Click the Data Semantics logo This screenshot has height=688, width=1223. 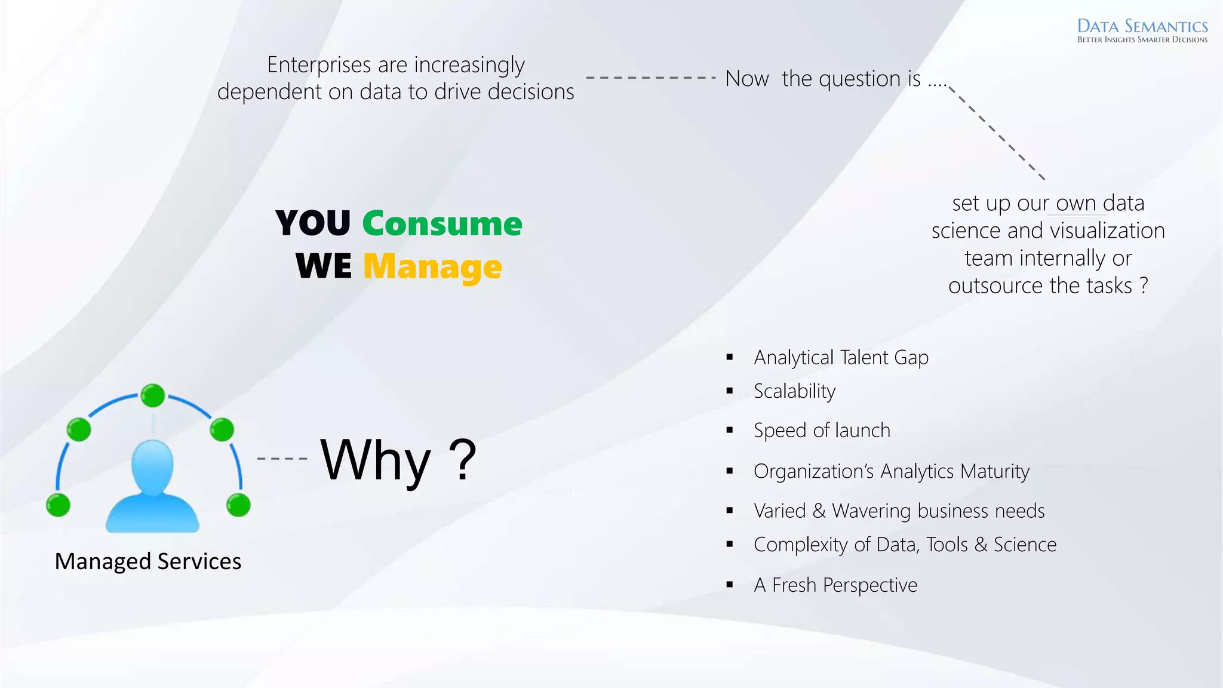pyautogui.click(x=1142, y=30)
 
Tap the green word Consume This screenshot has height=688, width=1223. pyautogui.click(x=442, y=224)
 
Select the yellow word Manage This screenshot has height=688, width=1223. pyautogui.click(x=432, y=267)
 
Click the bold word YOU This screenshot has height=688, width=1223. pyautogui.click(x=313, y=224)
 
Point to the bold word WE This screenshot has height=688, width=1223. pyautogui.click(x=324, y=266)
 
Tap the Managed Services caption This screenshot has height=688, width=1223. pyautogui.click(x=148, y=561)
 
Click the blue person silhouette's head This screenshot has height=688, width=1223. pyautogui.click(x=152, y=466)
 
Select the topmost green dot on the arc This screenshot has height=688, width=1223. pyautogui.click(x=153, y=395)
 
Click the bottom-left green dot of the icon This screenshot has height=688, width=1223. pyautogui.click(x=59, y=505)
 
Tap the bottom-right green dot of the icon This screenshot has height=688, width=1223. pyautogui.click(x=238, y=505)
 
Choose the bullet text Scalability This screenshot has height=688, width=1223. pyautogui.click(x=794, y=391)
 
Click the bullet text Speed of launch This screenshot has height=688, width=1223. pyautogui.click(x=822, y=431)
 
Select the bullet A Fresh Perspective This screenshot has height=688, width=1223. pyautogui.click(x=835, y=585)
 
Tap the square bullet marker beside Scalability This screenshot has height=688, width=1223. pyautogui.click(x=730, y=391)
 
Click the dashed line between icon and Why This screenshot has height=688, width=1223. pyautogui.click(x=282, y=459)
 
